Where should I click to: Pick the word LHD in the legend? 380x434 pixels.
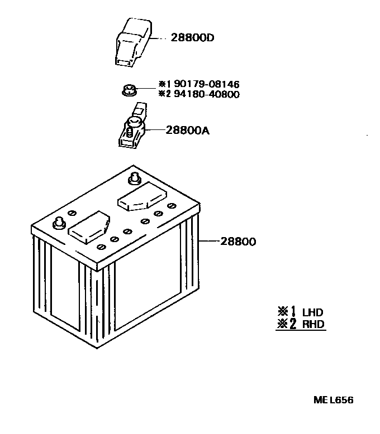click(x=313, y=312)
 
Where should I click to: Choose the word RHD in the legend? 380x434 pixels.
click(x=313, y=324)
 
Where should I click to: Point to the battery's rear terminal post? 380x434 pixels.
click(x=134, y=179)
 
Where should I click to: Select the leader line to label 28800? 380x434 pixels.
click(x=209, y=242)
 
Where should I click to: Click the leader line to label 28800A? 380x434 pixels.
click(x=156, y=130)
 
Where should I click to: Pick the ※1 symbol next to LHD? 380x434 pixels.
click(x=286, y=312)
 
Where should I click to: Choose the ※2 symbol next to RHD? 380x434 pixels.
click(x=286, y=324)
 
